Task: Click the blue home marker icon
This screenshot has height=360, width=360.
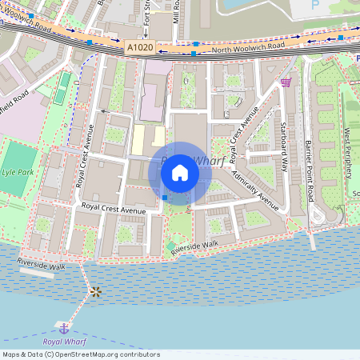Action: (x=180, y=172)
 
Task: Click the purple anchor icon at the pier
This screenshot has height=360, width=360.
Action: (x=63, y=326)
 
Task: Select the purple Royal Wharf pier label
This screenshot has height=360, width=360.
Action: (x=63, y=342)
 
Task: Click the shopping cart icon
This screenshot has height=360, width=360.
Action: (x=286, y=82)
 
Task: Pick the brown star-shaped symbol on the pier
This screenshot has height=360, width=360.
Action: (x=96, y=291)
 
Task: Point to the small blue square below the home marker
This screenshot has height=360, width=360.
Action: (x=165, y=198)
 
